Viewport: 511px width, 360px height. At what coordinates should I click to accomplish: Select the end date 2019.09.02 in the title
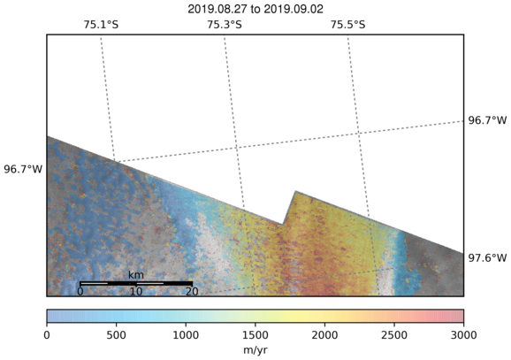pyautogui.click(x=294, y=9)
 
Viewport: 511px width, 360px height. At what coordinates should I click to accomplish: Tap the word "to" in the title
pyautogui.click(x=255, y=10)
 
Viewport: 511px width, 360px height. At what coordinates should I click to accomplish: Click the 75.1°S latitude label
pyautogui.click(x=101, y=25)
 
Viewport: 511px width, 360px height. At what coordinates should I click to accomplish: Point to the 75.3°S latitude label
pyautogui.click(x=225, y=25)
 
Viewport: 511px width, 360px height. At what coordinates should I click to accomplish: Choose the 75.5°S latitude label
pyautogui.click(x=348, y=25)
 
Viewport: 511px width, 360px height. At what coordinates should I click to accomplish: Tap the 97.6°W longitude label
pyautogui.click(x=487, y=258)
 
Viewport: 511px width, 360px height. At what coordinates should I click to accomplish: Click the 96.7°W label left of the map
pyautogui.click(x=23, y=169)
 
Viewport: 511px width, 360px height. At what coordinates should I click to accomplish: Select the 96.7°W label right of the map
pyautogui.click(x=487, y=120)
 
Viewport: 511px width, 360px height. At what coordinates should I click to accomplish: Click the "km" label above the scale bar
pyautogui.click(x=136, y=275)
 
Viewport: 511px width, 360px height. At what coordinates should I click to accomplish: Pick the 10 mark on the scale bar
pyautogui.click(x=136, y=291)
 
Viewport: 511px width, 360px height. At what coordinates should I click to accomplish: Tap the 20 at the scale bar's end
pyautogui.click(x=192, y=291)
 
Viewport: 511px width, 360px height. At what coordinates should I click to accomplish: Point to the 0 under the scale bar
pyautogui.click(x=80, y=291)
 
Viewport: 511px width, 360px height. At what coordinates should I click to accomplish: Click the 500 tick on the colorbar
pyautogui.click(x=117, y=335)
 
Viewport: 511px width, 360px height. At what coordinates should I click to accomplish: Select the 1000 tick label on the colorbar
pyautogui.click(x=186, y=335)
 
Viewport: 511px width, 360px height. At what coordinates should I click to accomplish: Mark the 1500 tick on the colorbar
pyautogui.click(x=255, y=335)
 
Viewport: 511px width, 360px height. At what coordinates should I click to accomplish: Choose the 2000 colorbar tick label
pyautogui.click(x=324, y=335)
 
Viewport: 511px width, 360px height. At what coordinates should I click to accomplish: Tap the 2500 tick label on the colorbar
pyautogui.click(x=394, y=335)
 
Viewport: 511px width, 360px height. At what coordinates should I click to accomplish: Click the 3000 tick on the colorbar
pyautogui.click(x=463, y=335)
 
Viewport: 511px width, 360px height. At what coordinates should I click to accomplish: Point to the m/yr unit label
pyautogui.click(x=255, y=350)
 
